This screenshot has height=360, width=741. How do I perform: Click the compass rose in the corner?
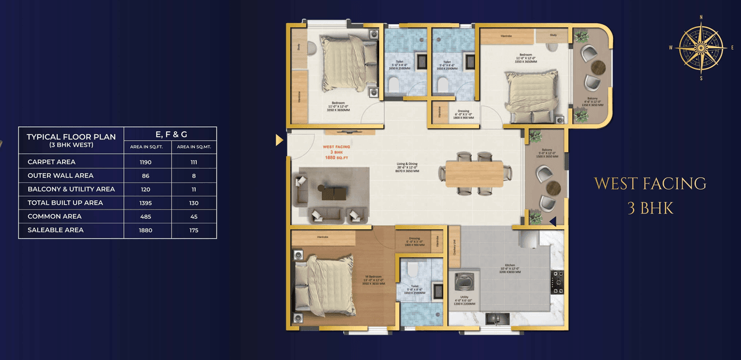[701, 47]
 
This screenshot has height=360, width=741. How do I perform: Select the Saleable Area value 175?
[193, 230]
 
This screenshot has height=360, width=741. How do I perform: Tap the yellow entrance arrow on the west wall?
[279, 139]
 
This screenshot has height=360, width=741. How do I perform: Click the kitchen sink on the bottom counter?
[497, 318]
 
